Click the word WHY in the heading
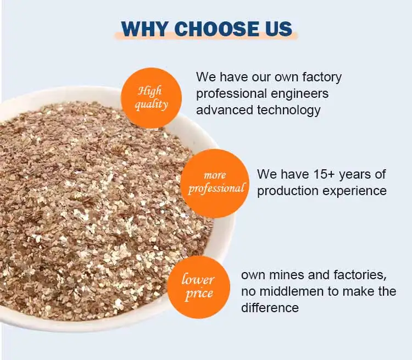pos(144,29)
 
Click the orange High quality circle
pos(151,98)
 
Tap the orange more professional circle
pos(215,183)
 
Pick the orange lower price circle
pos(199,287)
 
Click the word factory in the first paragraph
pos(322,77)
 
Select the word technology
pos(289,110)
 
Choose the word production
pos(288,191)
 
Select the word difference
pos(270,308)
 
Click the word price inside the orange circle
pos(199,294)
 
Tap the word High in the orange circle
pos(149,91)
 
